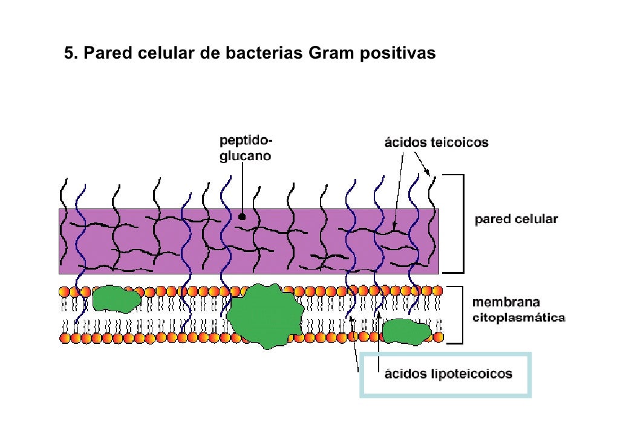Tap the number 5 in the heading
pyautogui.click(x=69, y=53)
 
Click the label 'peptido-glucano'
pyautogui.click(x=246, y=148)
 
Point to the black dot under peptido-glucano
pyautogui.click(x=241, y=217)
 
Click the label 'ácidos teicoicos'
pyautogui.click(x=436, y=142)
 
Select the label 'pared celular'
pyautogui.click(x=516, y=219)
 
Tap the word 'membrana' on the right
pyautogui.click(x=506, y=302)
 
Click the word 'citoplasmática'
pyautogui.click(x=518, y=318)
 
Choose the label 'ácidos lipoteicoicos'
pyautogui.click(x=448, y=374)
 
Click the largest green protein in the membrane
pyautogui.click(x=266, y=316)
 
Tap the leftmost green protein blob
pyautogui.click(x=116, y=299)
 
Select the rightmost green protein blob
pyautogui.click(x=406, y=332)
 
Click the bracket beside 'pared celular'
pyautogui.click(x=463, y=224)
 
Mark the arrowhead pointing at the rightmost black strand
pyautogui.click(x=426, y=172)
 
